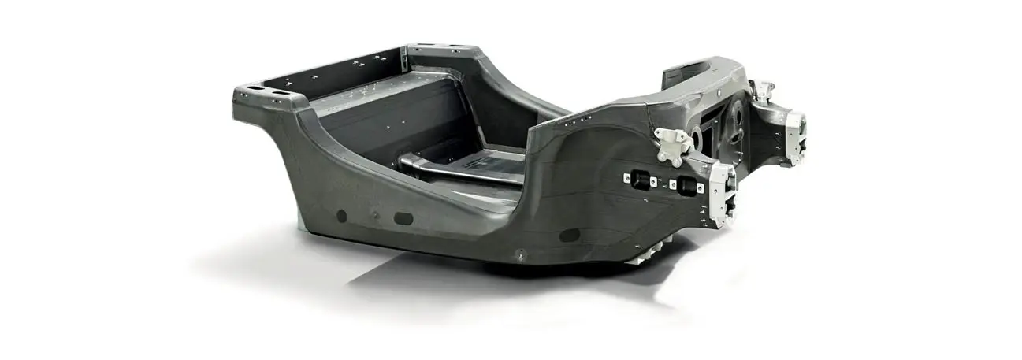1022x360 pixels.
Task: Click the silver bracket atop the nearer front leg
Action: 671,143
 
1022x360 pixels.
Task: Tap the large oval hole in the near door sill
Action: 403,218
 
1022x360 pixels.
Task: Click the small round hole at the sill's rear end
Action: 341,215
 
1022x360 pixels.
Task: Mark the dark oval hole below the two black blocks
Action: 569,235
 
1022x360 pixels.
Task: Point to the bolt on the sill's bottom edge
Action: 520,253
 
